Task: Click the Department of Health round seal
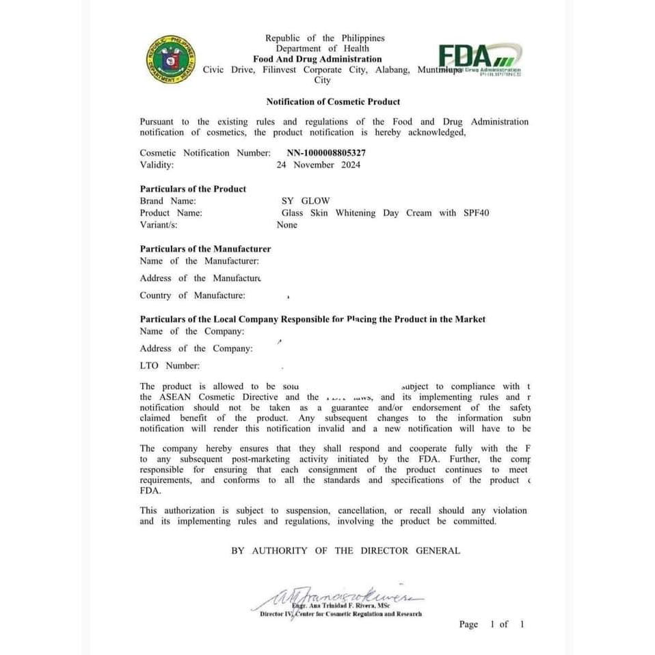(170, 59)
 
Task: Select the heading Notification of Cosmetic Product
(333, 102)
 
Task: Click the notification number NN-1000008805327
(326, 153)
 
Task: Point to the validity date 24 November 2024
(318, 165)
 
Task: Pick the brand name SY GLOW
(306, 201)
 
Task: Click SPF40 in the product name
(475, 213)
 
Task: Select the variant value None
(287, 225)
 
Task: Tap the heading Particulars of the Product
(193, 189)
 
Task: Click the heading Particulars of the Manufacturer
(205, 249)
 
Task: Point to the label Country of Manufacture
(192, 295)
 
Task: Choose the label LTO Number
(170, 366)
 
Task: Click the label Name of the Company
(191, 332)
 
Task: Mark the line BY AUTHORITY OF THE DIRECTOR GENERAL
(345, 550)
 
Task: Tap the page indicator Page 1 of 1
(492, 624)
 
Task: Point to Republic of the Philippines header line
(325, 38)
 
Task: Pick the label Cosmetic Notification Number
(205, 153)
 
